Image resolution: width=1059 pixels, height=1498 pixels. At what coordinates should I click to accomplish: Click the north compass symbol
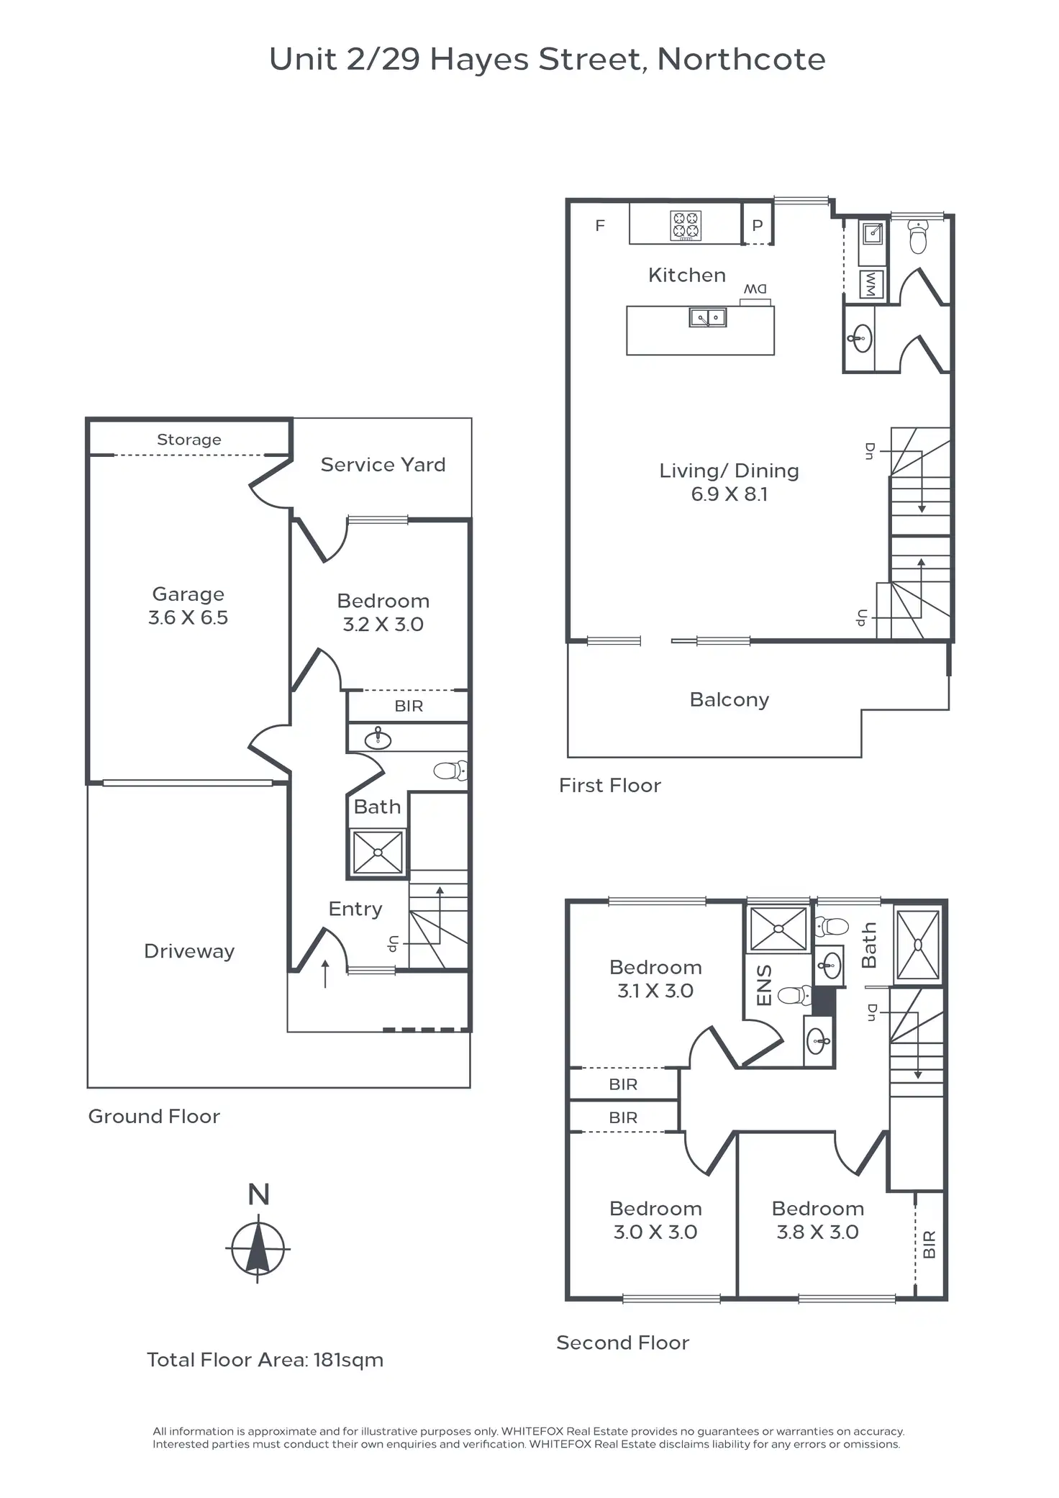(x=258, y=1248)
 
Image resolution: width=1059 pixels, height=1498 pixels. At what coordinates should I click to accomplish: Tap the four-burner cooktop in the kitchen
(x=685, y=224)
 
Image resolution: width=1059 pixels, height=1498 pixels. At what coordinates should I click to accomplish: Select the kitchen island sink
(x=708, y=317)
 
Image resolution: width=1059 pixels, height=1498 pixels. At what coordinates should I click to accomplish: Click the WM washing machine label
(x=871, y=284)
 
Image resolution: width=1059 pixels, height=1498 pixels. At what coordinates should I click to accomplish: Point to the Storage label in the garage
(x=189, y=440)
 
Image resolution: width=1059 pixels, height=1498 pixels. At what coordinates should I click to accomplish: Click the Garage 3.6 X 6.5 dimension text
(x=188, y=617)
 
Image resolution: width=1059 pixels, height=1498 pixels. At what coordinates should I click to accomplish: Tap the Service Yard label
(x=383, y=465)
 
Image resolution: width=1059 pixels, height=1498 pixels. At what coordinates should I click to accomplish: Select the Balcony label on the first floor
(x=730, y=699)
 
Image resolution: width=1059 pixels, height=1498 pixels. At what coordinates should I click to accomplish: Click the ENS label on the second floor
(x=764, y=985)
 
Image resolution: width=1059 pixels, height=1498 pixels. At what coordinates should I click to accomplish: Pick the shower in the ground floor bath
(x=378, y=853)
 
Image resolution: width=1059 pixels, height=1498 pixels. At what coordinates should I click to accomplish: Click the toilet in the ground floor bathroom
(x=450, y=771)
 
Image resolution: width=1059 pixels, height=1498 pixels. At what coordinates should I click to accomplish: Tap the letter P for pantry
(x=757, y=225)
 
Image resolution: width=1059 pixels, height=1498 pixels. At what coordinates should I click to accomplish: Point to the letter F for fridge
(x=600, y=225)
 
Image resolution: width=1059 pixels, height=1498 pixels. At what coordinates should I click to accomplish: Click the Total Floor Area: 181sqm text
(x=265, y=1360)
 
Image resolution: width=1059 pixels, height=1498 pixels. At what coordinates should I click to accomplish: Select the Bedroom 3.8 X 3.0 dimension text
(x=817, y=1232)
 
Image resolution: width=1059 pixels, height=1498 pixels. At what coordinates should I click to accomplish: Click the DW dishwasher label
(x=755, y=289)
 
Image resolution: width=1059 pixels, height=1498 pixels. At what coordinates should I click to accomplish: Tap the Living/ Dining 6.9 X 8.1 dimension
(x=729, y=494)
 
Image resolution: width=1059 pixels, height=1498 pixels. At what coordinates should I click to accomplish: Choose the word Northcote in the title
(x=741, y=59)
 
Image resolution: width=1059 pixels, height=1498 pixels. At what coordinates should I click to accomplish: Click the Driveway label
(x=189, y=951)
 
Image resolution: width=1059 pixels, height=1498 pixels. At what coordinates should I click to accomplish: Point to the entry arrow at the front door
(x=325, y=973)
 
